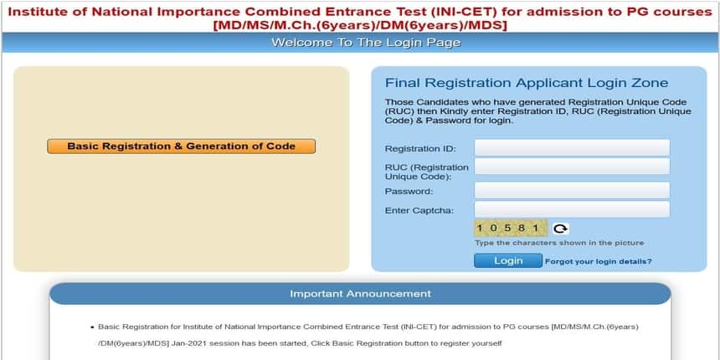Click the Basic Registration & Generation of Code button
click(182, 147)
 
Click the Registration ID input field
click(572, 148)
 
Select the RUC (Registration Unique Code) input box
click(572, 167)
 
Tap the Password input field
click(572, 190)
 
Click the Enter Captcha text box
click(572, 209)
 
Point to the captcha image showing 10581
click(511, 229)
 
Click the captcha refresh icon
click(560, 229)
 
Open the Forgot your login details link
click(599, 262)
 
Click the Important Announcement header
click(361, 293)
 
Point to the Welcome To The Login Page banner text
click(366, 43)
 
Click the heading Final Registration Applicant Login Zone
click(527, 83)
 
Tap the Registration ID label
click(420, 149)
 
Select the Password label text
click(409, 191)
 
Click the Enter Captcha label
click(419, 211)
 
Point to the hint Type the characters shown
click(559, 243)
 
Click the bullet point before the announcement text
click(92, 327)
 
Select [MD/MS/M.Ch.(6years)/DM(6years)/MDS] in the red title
click(360, 26)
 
